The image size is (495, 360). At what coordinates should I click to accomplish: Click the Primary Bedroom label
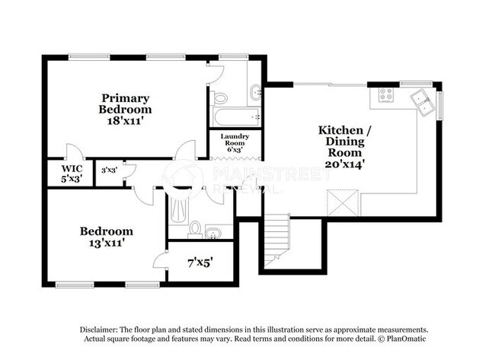click(x=125, y=104)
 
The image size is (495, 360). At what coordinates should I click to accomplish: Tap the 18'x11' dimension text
click(x=126, y=121)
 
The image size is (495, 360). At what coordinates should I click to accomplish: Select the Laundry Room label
click(x=235, y=139)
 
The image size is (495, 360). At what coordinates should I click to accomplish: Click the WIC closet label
click(x=72, y=168)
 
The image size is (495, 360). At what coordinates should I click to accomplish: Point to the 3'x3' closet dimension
click(x=109, y=170)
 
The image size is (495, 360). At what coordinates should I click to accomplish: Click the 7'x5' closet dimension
click(x=200, y=263)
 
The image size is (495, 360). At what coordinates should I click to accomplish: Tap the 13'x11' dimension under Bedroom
click(x=106, y=244)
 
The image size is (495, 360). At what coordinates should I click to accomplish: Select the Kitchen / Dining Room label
click(x=345, y=141)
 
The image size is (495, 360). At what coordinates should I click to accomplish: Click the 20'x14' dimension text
click(x=345, y=164)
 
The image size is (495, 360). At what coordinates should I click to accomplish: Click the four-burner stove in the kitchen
click(x=386, y=94)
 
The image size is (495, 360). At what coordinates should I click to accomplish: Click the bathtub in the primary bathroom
click(x=237, y=116)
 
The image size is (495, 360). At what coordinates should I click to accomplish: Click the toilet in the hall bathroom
click(x=195, y=229)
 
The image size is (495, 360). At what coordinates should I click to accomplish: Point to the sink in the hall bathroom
click(x=213, y=233)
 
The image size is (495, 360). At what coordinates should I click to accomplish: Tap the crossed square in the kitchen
click(x=343, y=202)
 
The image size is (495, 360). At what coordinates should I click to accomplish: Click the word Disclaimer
click(x=98, y=330)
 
